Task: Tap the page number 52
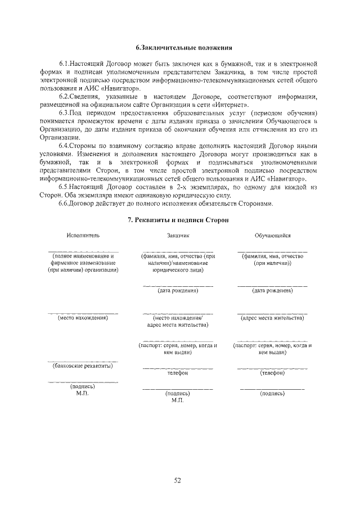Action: pyautogui.click(x=177, y=480)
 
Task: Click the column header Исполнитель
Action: pyautogui.click(x=83, y=236)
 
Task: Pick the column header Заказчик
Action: pyautogui.click(x=178, y=236)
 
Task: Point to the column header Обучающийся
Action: pyautogui.click(x=272, y=236)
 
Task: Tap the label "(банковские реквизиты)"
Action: pyautogui.click(x=83, y=366)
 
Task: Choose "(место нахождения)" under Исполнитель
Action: pyautogui.click(x=83, y=318)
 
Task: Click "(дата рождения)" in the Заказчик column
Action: pyautogui.click(x=178, y=291)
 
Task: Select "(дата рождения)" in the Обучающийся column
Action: pyautogui.click(x=272, y=291)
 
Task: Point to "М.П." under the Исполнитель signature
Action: pyautogui.click(x=83, y=394)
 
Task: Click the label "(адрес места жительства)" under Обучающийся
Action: pyautogui.click(x=272, y=318)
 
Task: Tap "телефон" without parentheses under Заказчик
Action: pyautogui.click(x=178, y=373)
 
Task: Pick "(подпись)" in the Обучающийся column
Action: pyautogui.click(x=272, y=394)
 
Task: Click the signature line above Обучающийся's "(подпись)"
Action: pyautogui.click(x=272, y=389)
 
